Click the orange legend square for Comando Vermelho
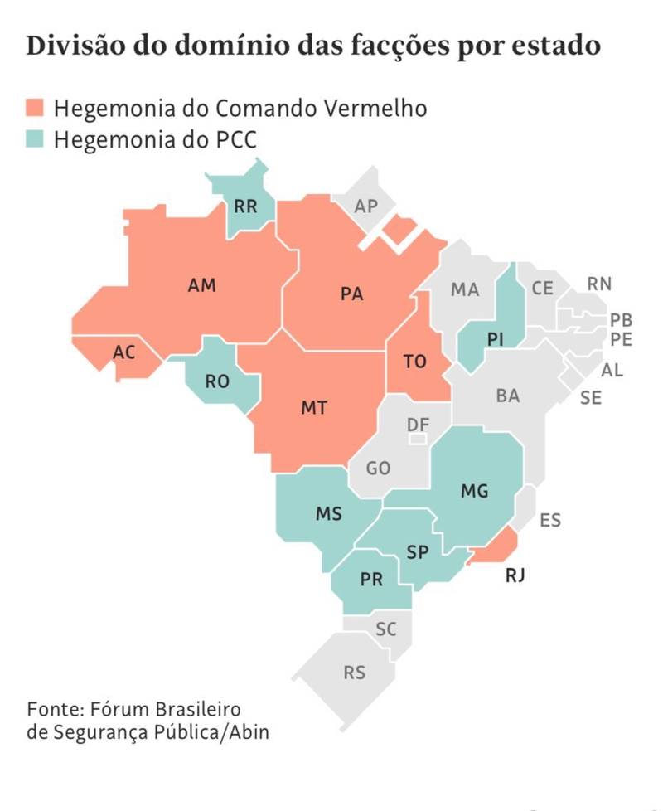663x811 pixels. pyautogui.click(x=36, y=108)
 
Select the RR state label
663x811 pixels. pyautogui.click(x=245, y=206)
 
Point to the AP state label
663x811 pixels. pyautogui.click(x=365, y=206)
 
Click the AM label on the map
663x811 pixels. pyautogui.click(x=201, y=285)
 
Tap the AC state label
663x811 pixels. pyautogui.click(x=123, y=352)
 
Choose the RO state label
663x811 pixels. pyautogui.click(x=217, y=382)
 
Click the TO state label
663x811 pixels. pyautogui.click(x=414, y=362)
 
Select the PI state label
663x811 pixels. pyautogui.click(x=496, y=339)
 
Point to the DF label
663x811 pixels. pyautogui.click(x=418, y=425)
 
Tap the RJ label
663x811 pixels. pyautogui.click(x=517, y=574)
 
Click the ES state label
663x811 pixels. pyautogui.click(x=550, y=521)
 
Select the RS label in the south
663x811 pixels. pyautogui.click(x=354, y=673)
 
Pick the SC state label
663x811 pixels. pyautogui.click(x=386, y=629)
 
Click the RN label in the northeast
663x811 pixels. pyautogui.click(x=599, y=284)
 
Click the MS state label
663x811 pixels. pyautogui.click(x=329, y=513)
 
